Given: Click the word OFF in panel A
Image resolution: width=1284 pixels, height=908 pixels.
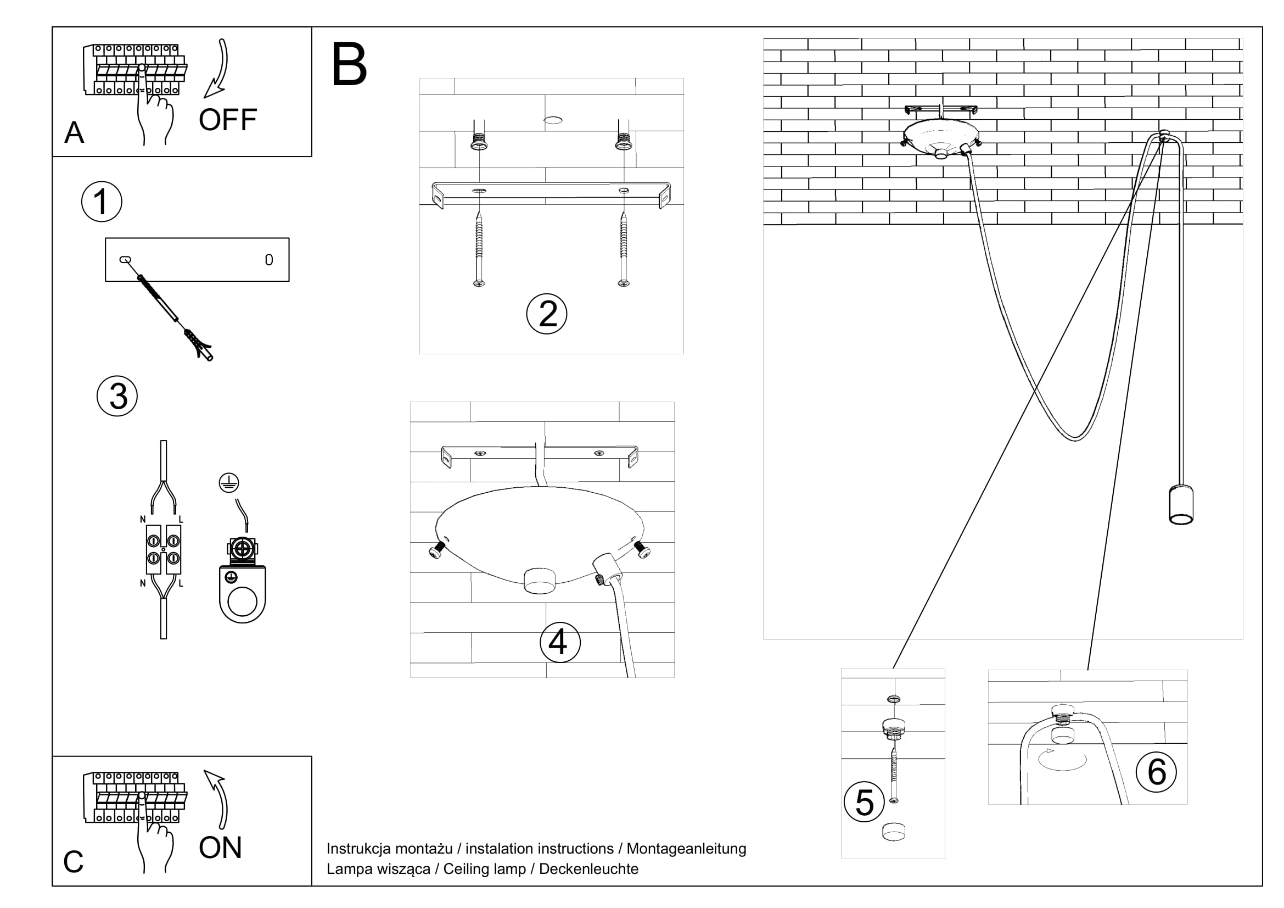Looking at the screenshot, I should pos(228,120).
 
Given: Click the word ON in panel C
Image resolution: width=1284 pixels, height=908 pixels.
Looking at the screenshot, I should pos(220,848).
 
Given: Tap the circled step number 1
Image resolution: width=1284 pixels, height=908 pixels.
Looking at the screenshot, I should pos(101,202).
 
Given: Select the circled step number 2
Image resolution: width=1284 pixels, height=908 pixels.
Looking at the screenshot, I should pos(547,314).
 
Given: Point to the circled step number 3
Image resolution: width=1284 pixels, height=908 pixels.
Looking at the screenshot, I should pos(117,396).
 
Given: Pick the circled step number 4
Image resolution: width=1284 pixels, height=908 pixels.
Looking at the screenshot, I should pos(560,642).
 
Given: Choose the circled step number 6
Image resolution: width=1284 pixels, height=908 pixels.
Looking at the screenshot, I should pos(1157,772).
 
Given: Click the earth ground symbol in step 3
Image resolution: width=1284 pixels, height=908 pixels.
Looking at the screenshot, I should pos(229,483).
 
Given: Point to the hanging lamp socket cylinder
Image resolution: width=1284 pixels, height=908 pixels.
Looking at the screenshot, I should pos(1181,505).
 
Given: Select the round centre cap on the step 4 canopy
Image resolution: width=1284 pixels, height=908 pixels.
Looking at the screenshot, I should pos(540,580).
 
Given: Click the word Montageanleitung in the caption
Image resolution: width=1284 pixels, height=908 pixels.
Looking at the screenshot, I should pos(686,849).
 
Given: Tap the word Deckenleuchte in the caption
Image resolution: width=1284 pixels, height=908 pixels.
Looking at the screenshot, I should pos(588,869).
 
